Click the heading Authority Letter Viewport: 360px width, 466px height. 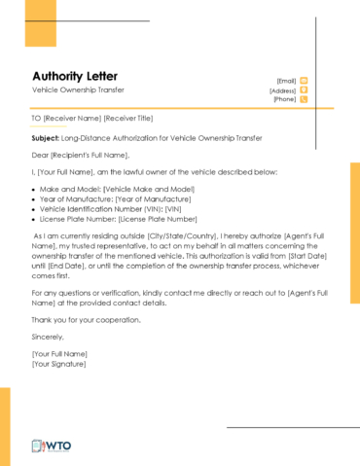click(75, 75)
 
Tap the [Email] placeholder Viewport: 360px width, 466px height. click(286, 81)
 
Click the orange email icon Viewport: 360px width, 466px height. click(304, 81)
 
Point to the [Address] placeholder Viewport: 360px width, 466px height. click(283, 90)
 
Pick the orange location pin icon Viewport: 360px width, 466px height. click(304, 90)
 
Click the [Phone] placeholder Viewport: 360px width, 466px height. click(285, 99)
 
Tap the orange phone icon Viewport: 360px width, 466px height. click(304, 99)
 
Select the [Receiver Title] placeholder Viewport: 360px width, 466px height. click(122, 119)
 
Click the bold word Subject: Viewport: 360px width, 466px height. click(46, 139)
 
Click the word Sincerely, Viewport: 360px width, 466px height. click(50, 336)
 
